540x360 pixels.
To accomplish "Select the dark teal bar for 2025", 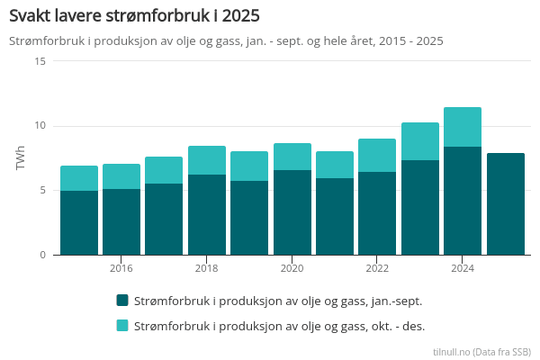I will [505, 204].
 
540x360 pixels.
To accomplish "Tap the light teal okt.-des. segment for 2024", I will [463, 127].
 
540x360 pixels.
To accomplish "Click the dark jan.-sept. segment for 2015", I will [79, 222].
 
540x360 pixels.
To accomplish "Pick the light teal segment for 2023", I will [420, 141].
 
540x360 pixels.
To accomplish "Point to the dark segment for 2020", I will [292, 212].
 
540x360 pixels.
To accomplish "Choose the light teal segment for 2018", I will [207, 160].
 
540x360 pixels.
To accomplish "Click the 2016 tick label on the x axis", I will [121, 268].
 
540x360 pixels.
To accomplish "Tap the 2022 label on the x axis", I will [377, 268].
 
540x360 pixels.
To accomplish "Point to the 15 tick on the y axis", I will [40, 61].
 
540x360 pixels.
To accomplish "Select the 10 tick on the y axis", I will [40, 126].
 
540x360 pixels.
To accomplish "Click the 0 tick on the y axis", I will [42, 255].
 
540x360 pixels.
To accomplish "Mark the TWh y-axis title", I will [20, 157].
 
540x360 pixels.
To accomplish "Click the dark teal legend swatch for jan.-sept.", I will [122, 301].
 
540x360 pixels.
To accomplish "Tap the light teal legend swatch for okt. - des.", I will [122, 325].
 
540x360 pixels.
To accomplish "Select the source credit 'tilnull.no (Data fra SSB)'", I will [481, 351].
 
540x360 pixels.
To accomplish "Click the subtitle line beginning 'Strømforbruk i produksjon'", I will [226, 41].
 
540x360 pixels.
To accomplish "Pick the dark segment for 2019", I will [249, 218].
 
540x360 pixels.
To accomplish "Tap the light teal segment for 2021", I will [335, 165].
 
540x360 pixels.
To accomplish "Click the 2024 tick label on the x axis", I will [463, 268].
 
